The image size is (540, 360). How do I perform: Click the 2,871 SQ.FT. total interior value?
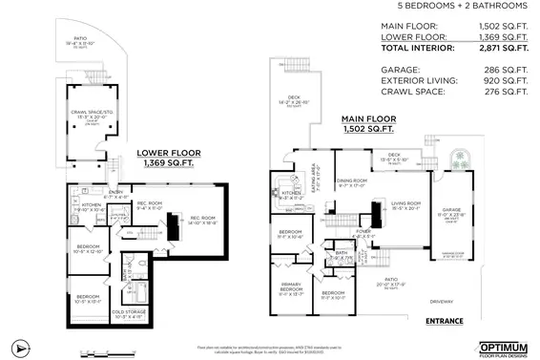502,47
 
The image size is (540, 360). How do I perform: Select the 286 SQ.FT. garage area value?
506,69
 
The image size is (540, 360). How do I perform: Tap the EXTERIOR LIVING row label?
420,81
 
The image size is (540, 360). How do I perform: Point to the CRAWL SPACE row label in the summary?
412,93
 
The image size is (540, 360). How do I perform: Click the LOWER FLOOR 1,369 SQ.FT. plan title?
167,158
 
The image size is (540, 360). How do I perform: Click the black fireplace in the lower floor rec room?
173,226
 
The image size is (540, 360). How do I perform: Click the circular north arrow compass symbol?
16,346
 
